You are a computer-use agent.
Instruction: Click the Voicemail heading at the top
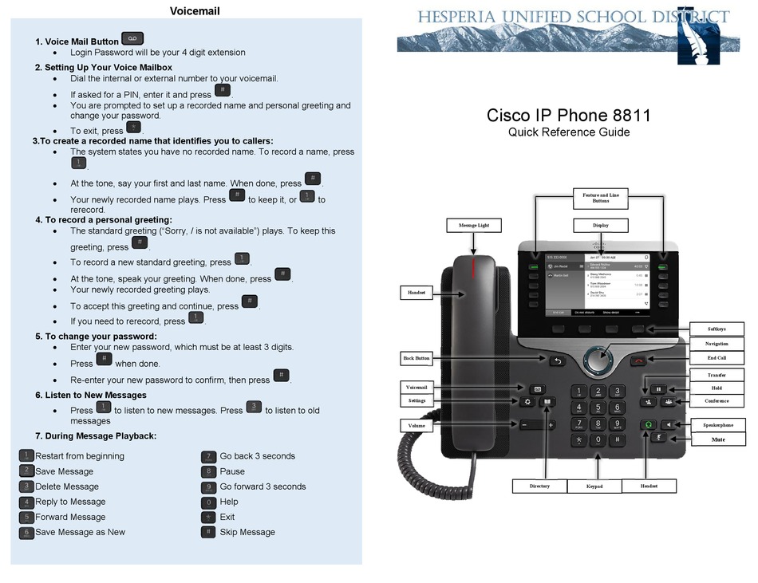[x=195, y=11]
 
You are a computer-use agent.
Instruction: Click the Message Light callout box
[x=473, y=226]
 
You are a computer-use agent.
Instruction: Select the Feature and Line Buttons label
[x=600, y=198]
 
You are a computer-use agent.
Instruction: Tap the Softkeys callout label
[x=716, y=329]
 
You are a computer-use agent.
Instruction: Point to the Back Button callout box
[x=417, y=358]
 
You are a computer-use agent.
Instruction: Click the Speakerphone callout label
[x=717, y=425]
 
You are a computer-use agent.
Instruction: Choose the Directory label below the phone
[x=539, y=486]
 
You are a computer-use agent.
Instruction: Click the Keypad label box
[x=594, y=486]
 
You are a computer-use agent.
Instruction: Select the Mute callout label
[x=717, y=439]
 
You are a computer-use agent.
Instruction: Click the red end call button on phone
[x=638, y=361]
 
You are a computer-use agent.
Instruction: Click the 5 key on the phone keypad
[x=598, y=408]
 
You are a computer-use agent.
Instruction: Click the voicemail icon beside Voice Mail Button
[x=132, y=39]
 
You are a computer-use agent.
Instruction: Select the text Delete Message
[x=67, y=486]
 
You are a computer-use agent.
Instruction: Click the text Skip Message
[x=247, y=532]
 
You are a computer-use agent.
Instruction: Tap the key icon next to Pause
[x=208, y=471]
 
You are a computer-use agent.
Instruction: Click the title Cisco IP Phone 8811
[x=569, y=115]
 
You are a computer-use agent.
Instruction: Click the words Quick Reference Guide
[x=569, y=132]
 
